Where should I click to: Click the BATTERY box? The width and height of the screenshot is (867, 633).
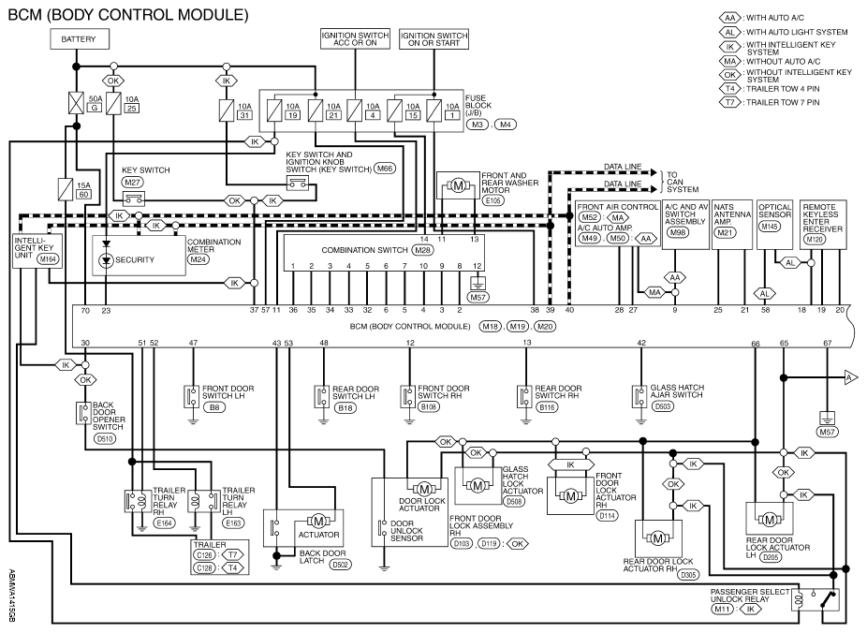[x=80, y=39]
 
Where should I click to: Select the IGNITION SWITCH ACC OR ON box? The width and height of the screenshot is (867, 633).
[x=356, y=38]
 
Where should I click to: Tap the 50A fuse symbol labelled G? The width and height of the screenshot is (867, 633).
[x=76, y=103]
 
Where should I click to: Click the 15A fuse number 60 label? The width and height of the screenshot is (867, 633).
[x=84, y=194]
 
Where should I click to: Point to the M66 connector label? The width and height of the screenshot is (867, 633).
[x=385, y=169]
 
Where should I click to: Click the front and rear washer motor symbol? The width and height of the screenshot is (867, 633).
[x=458, y=186]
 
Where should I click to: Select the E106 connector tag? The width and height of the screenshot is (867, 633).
[x=492, y=200]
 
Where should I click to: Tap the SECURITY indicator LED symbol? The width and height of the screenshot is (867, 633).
[x=107, y=260]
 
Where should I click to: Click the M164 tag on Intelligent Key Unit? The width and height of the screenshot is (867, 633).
[x=48, y=258]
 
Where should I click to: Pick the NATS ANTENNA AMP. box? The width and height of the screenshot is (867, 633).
[x=732, y=225]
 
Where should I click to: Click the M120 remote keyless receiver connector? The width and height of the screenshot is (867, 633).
[x=815, y=239]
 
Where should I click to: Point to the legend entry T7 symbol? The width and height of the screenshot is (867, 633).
[x=730, y=102]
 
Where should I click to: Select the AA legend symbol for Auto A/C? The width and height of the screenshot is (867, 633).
[x=730, y=18]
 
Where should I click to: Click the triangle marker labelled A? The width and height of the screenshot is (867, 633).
[x=850, y=378]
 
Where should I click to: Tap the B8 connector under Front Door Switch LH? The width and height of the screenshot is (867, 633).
[x=214, y=407]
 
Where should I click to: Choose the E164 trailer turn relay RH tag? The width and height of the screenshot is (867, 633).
[x=164, y=523]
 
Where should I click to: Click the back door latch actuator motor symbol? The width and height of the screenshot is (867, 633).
[x=318, y=522]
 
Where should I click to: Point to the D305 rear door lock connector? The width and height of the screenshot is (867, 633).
[x=688, y=575]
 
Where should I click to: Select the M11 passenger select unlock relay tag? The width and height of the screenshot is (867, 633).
[x=722, y=610]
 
